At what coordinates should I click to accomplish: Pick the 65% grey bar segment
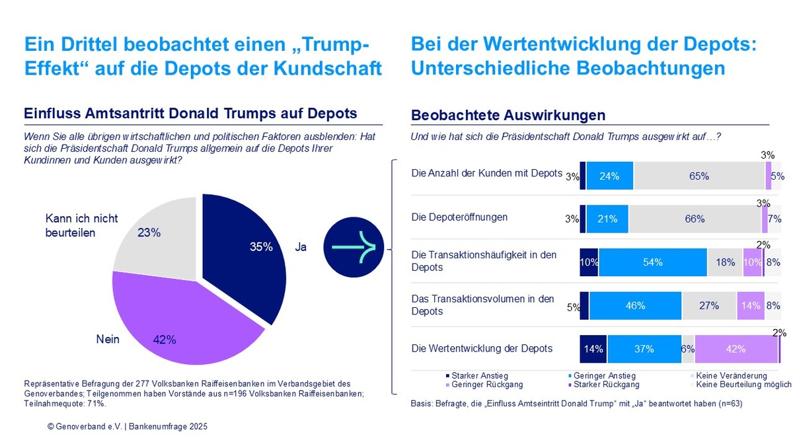tap(699, 176)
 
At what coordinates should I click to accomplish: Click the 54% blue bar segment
tap(652, 262)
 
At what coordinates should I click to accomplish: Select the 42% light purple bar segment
tap(736, 349)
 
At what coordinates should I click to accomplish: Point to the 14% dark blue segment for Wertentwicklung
tap(593, 349)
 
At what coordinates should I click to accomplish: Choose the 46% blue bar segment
tap(635, 306)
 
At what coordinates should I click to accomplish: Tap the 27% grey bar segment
tap(708, 306)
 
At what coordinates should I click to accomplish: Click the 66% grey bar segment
tap(695, 219)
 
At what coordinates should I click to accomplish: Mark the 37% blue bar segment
tap(644, 349)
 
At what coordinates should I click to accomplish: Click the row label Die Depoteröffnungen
tap(459, 217)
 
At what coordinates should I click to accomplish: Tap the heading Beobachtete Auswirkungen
tap(508, 116)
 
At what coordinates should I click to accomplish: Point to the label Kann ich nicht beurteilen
tap(81, 225)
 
